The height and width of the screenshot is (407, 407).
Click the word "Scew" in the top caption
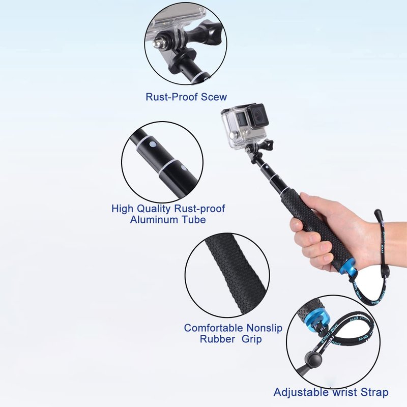coord(214,97)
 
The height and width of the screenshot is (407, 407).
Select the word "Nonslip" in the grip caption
coord(264,328)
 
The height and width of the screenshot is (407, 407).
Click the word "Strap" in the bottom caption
coord(374,392)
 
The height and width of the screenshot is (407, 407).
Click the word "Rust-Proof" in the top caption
coord(172,97)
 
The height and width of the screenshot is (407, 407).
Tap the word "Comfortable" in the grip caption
coord(214,328)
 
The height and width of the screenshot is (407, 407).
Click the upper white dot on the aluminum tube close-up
coord(153,144)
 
